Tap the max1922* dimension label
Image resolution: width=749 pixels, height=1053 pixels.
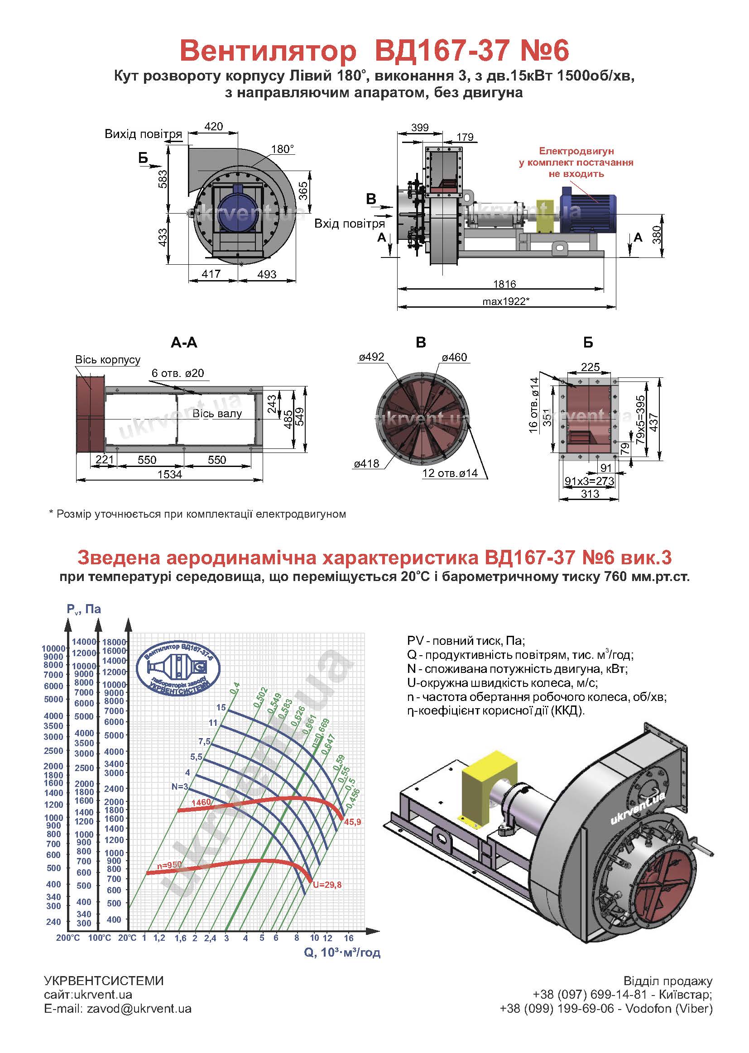(x=505, y=301)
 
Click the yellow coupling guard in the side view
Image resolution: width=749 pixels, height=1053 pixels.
(x=547, y=216)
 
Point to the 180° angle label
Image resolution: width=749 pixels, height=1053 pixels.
(x=282, y=149)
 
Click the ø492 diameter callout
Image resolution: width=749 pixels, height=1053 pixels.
(x=371, y=357)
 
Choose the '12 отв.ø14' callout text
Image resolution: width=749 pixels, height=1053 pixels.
(x=450, y=473)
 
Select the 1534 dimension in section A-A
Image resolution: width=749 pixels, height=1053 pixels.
(x=170, y=474)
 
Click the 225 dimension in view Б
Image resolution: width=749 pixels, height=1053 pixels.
(x=590, y=367)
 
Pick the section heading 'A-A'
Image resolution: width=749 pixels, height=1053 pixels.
(x=184, y=342)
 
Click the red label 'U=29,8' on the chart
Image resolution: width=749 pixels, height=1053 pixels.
(x=327, y=884)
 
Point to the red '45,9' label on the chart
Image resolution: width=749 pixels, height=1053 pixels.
(x=352, y=821)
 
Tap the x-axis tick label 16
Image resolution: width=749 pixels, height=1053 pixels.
(x=349, y=938)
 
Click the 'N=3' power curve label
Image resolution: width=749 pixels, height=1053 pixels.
(x=180, y=786)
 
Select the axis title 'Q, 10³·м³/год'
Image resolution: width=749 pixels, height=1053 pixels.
(x=342, y=952)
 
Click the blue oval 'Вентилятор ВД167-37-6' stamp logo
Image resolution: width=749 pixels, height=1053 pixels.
(x=178, y=667)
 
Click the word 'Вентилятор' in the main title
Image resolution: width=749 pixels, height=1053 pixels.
(x=268, y=51)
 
